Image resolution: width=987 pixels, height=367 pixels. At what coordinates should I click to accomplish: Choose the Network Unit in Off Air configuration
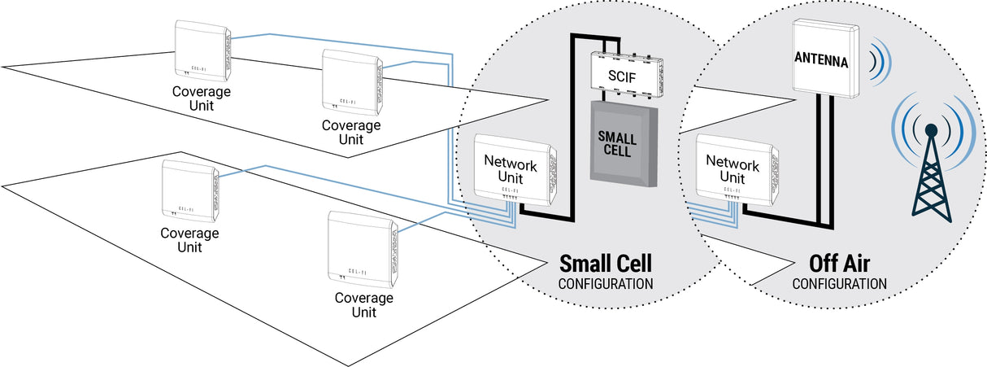pos(732,168)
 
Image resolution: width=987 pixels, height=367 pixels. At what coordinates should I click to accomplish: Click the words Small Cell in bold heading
pos(606,264)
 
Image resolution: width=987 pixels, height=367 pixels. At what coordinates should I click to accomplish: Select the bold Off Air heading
pos(839,264)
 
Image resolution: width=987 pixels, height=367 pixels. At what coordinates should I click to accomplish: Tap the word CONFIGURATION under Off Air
pos(839,284)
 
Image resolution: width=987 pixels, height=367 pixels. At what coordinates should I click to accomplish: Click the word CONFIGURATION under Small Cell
pos(606,284)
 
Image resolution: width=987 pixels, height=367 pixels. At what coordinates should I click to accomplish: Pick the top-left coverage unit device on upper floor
pos(201,49)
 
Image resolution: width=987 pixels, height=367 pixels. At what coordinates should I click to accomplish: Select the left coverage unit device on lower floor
pos(189,190)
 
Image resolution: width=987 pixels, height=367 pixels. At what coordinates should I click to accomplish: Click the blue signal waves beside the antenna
pos(878,62)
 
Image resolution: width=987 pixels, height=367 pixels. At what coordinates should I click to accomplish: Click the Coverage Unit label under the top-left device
pos(201,98)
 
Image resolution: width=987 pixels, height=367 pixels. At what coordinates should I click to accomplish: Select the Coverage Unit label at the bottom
pos(363,304)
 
